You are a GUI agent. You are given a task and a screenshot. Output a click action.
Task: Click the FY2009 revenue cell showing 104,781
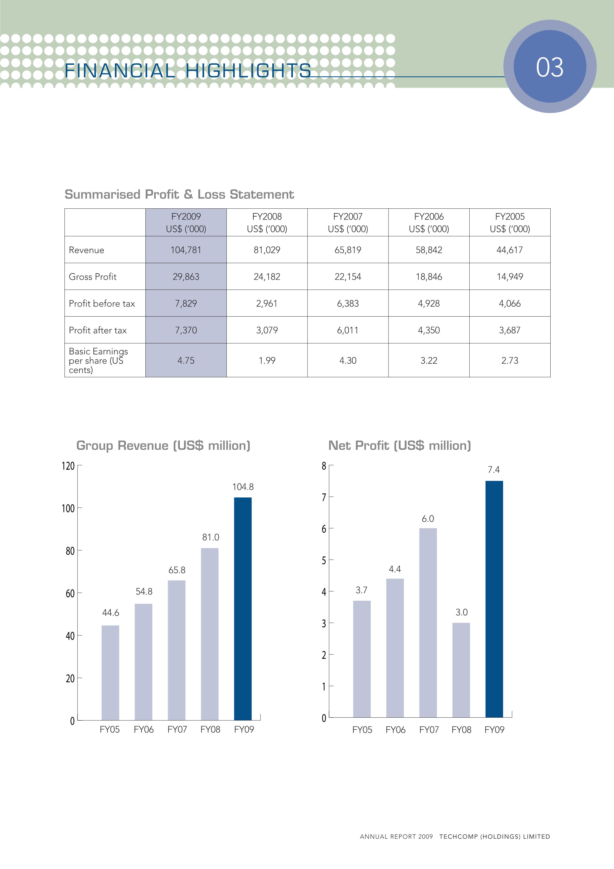[186, 250]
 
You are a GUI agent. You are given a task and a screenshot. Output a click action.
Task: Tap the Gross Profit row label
[93, 277]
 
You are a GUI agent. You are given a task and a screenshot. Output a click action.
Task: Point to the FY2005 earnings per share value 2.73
[509, 360]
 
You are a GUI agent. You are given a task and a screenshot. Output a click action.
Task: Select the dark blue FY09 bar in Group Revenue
[243, 609]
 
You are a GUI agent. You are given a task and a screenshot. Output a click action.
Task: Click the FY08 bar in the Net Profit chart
[461, 670]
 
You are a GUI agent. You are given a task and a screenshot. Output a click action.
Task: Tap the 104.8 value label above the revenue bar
[243, 487]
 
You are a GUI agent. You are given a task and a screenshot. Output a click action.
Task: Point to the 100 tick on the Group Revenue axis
[68, 508]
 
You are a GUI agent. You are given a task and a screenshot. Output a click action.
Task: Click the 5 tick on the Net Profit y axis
[324, 560]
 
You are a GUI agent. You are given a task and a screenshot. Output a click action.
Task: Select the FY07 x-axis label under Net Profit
[429, 730]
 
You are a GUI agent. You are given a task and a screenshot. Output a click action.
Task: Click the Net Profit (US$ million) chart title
[400, 445]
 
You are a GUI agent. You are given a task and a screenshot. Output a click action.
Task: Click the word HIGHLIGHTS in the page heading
[248, 71]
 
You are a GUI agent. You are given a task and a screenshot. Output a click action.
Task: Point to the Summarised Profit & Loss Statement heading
[179, 194]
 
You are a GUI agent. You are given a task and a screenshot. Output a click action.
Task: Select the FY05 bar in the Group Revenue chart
[110, 673]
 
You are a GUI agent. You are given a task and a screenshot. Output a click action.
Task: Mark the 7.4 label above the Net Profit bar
[494, 470]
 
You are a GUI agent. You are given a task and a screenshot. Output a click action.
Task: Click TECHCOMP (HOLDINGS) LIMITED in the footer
[494, 836]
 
